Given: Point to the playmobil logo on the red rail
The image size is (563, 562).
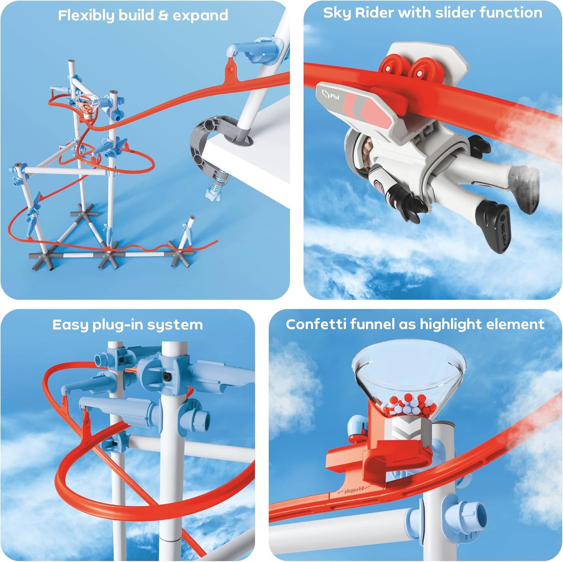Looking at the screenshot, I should coord(354,490).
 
